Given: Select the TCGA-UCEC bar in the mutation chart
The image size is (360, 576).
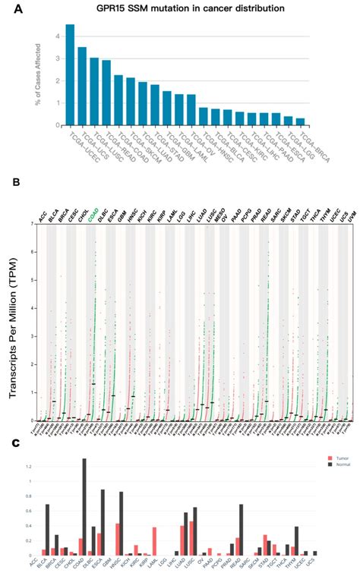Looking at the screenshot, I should click(x=70, y=74).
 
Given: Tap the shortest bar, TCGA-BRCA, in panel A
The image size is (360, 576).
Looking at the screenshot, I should click(x=300, y=121).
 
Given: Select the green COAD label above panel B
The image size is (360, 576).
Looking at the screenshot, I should click(x=93, y=216).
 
